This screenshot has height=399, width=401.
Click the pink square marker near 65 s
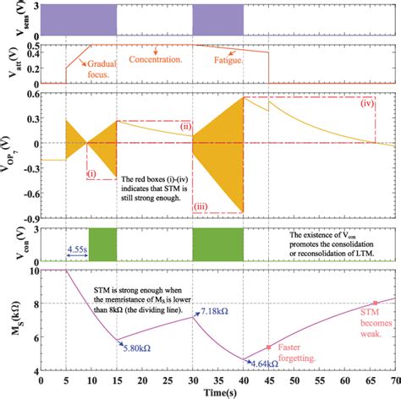coord(376,303)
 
